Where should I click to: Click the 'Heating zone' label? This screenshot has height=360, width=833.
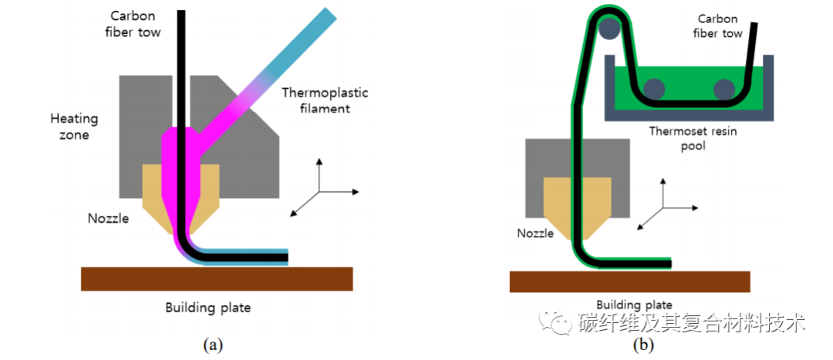point(74,126)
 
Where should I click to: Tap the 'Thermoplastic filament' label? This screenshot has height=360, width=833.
point(325,100)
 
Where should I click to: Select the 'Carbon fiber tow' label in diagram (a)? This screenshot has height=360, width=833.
point(133,23)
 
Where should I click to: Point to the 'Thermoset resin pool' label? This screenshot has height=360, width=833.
point(692,138)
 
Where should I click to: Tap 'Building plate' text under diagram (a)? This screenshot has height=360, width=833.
point(207,308)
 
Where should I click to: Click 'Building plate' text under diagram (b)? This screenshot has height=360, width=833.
point(634,304)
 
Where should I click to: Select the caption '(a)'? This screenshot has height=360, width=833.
point(212,345)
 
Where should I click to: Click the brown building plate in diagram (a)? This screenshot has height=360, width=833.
point(217,278)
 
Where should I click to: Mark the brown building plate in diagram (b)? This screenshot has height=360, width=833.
point(629,281)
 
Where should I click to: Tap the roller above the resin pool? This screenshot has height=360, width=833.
point(610,30)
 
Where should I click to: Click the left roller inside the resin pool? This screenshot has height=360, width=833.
point(654,89)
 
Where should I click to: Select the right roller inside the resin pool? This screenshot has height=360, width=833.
point(723,89)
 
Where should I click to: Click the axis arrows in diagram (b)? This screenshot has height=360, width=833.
point(665,207)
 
